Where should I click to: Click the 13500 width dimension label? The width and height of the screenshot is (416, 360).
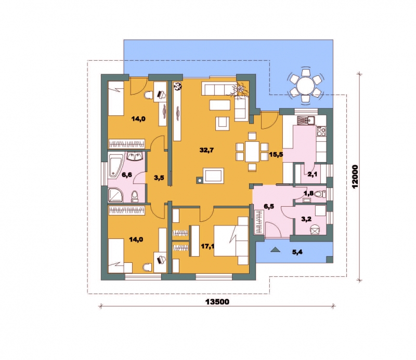pyautogui.click(x=217, y=302)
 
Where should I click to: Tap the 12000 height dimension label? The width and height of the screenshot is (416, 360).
pyautogui.click(x=355, y=177)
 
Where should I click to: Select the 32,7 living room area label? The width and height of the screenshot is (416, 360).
pyautogui.click(x=206, y=150)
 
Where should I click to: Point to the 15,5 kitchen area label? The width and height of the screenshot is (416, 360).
pyautogui.click(x=276, y=154)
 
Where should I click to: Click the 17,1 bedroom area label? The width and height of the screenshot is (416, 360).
pyautogui.click(x=207, y=246)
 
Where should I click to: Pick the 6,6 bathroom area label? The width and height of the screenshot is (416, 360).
pyautogui.click(x=126, y=175)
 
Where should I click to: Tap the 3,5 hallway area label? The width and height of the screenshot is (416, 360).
pyautogui.click(x=159, y=178)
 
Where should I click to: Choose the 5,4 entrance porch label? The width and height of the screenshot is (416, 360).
pyautogui.click(x=297, y=252)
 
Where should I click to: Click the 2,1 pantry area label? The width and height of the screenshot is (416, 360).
pyautogui.click(x=313, y=174)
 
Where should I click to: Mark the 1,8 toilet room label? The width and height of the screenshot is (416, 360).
pyautogui.click(x=309, y=193)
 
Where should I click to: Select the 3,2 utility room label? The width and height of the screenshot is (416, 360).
pyautogui.click(x=306, y=219)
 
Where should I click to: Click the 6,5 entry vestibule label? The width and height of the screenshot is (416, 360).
pyautogui.click(x=269, y=207)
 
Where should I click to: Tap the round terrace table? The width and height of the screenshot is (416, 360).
pyautogui.click(x=305, y=86)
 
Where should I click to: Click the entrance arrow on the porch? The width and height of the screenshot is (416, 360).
pyautogui.click(x=275, y=249)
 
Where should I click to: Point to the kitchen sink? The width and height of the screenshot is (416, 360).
pyautogui.click(x=305, y=121)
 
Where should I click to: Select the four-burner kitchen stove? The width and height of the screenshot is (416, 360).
pyautogui.click(x=321, y=131)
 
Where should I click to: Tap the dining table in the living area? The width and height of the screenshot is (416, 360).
pyautogui.click(x=252, y=152)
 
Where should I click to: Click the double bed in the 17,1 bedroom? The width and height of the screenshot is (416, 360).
pyautogui.click(x=231, y=241)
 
